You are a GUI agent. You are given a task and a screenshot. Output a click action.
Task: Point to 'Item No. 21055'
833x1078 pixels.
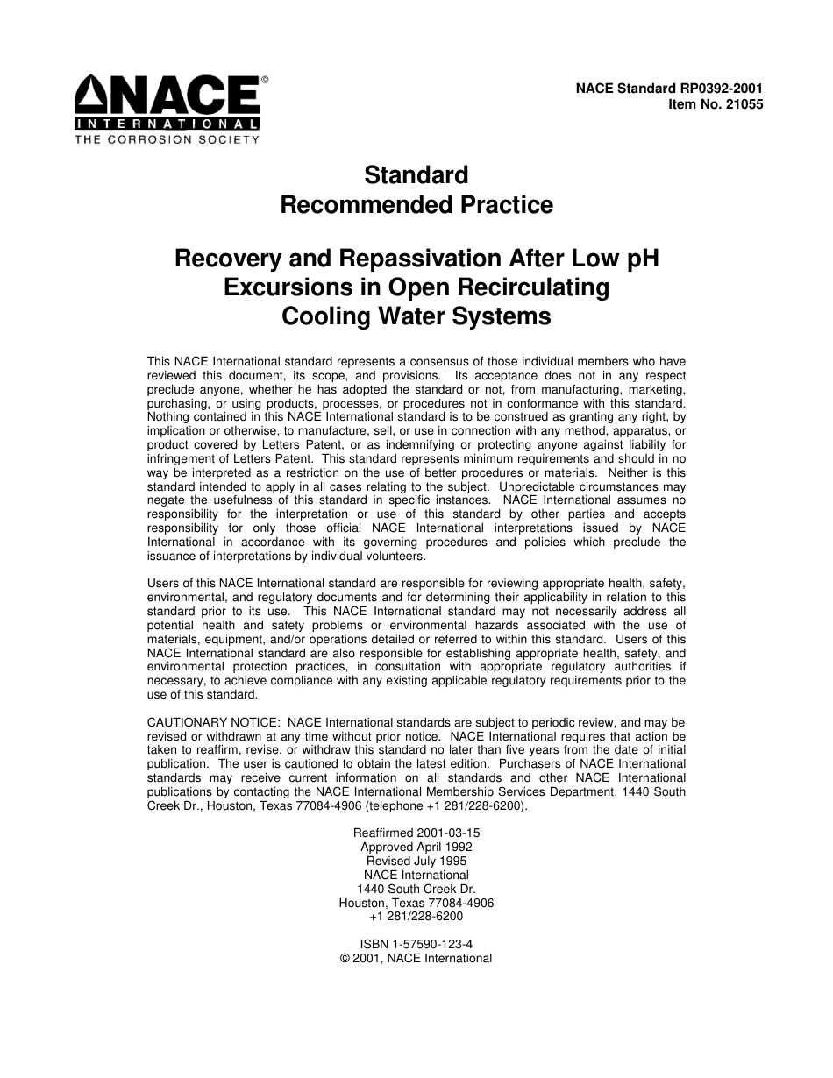coord(716,103)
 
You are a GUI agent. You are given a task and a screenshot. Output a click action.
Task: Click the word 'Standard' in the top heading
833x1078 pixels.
coord(416,174)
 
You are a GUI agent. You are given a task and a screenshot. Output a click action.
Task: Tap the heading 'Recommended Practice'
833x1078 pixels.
coord(416,205)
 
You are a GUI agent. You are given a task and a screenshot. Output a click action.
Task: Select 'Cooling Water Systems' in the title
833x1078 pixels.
coord(416,316)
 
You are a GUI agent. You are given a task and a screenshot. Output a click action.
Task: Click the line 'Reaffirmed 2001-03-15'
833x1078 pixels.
coord(416,833)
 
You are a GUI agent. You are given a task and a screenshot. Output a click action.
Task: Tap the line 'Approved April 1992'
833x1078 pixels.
coord(416,847)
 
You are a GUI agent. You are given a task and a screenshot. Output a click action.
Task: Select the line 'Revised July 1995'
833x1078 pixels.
coord(416,861)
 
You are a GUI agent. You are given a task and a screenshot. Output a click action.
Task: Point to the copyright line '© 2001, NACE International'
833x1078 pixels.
coord(416,958)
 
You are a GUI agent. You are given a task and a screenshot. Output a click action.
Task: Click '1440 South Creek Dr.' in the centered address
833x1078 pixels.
coord(416,889)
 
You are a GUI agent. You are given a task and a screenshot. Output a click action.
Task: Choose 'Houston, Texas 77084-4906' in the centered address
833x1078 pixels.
coord(416,903)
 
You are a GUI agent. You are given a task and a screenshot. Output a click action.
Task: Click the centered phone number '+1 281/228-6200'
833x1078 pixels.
coord(416,916)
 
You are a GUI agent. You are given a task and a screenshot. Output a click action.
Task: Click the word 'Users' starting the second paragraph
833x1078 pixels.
coord(162,583)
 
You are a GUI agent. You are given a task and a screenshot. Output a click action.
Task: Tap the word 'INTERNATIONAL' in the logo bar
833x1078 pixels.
coord(167,124)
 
